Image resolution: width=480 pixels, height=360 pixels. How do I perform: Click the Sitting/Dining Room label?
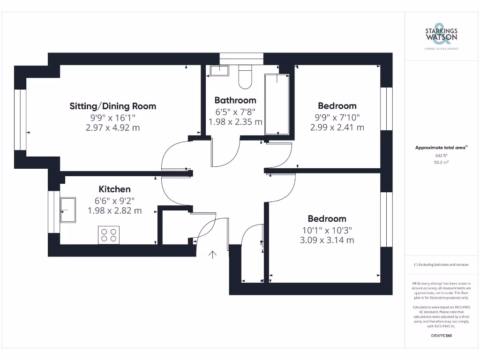pos(112,106)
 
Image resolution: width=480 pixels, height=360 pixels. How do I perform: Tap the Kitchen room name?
pos(114,189)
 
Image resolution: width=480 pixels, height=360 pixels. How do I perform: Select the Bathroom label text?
pos(235,100)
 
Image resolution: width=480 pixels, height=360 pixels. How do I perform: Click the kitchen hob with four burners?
pos(109,235)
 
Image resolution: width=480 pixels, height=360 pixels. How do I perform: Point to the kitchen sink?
pos(68,210)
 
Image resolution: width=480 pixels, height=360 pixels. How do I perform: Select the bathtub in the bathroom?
pos(277,104)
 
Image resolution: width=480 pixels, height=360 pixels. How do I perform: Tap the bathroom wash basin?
pos(219,70)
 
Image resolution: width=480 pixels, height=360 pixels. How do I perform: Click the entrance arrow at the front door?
pos(212,255)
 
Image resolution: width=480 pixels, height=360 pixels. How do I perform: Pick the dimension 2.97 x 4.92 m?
pos(112,127)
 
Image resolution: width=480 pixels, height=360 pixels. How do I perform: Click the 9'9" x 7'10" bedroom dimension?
pos(337,117)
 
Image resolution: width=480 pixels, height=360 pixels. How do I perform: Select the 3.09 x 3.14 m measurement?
pos(327,240)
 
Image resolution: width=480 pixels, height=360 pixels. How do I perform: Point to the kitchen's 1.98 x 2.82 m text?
pos(114,210)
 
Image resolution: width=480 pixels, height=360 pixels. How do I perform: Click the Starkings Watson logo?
pos(441,36)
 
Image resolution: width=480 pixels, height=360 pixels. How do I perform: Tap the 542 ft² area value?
pos(441,155)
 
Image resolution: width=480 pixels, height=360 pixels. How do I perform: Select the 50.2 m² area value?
pos(441,162)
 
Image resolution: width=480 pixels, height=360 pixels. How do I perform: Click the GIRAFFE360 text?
pos(441,336)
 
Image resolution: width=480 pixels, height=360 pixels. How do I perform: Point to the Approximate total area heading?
pos(441,148)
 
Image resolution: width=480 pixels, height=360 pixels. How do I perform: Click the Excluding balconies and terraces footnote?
pos(441,265)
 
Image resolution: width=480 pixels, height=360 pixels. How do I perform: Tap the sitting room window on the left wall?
pos(20,120)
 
